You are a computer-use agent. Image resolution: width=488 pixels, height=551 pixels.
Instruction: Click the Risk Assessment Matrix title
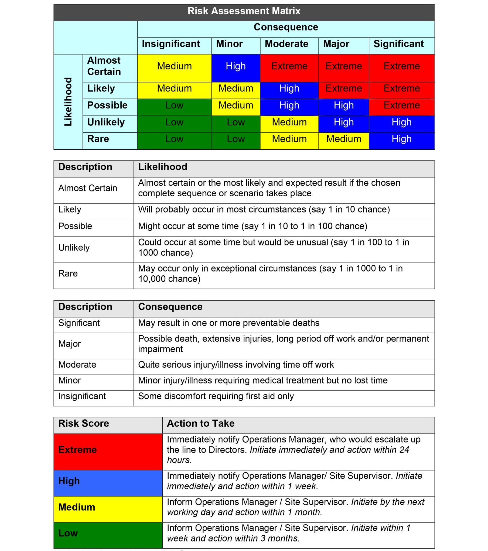(244, 11)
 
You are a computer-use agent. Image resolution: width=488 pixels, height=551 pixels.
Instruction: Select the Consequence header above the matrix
(286, 27)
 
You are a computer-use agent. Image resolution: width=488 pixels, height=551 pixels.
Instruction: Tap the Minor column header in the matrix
(229, 44)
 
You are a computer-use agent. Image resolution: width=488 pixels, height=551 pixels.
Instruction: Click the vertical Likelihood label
(68, 102)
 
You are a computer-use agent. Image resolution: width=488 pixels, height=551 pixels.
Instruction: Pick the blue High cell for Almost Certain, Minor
(236, 66)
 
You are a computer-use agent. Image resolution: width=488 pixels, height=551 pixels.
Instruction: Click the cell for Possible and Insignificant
(174, 105)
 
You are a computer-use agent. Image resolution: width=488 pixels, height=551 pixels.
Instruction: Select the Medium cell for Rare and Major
(343, 139)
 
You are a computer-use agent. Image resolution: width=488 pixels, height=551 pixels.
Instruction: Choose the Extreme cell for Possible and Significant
(401, 105)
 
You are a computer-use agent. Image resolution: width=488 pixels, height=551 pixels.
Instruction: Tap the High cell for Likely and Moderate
(289, 88)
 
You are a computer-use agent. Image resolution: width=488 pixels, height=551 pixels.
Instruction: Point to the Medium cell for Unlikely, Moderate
(289, 122)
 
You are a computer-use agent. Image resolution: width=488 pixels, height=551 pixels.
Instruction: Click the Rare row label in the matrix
(98, 139)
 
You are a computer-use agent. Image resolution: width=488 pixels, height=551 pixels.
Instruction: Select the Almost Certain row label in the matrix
(104, 66)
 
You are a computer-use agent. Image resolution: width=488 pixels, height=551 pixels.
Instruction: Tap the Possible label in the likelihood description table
(75, 226)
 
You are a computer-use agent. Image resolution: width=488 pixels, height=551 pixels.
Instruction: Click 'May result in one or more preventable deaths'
(228, 323)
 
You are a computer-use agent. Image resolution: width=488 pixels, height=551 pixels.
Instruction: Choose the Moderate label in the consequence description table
(77, 365)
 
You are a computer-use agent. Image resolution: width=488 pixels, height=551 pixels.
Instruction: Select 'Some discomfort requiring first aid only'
(216, 396)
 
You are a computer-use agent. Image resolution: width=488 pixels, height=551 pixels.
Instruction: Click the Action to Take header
(201, 423)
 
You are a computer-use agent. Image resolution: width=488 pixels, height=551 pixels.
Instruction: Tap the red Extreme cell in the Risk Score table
(108, 450)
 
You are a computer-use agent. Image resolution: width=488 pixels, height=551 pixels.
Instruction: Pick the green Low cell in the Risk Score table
(108, 533)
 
